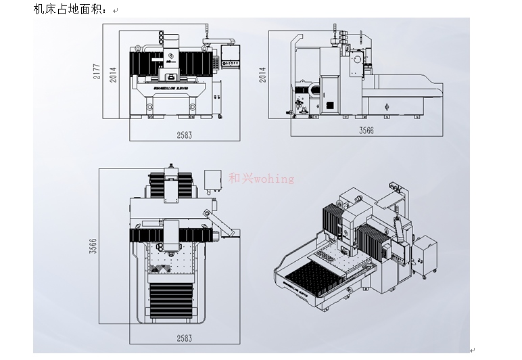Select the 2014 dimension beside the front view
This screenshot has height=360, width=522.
tap(114, 74)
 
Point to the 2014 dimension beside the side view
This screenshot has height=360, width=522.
tap(262, 74)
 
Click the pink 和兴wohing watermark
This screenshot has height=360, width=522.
tap(262, 179)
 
